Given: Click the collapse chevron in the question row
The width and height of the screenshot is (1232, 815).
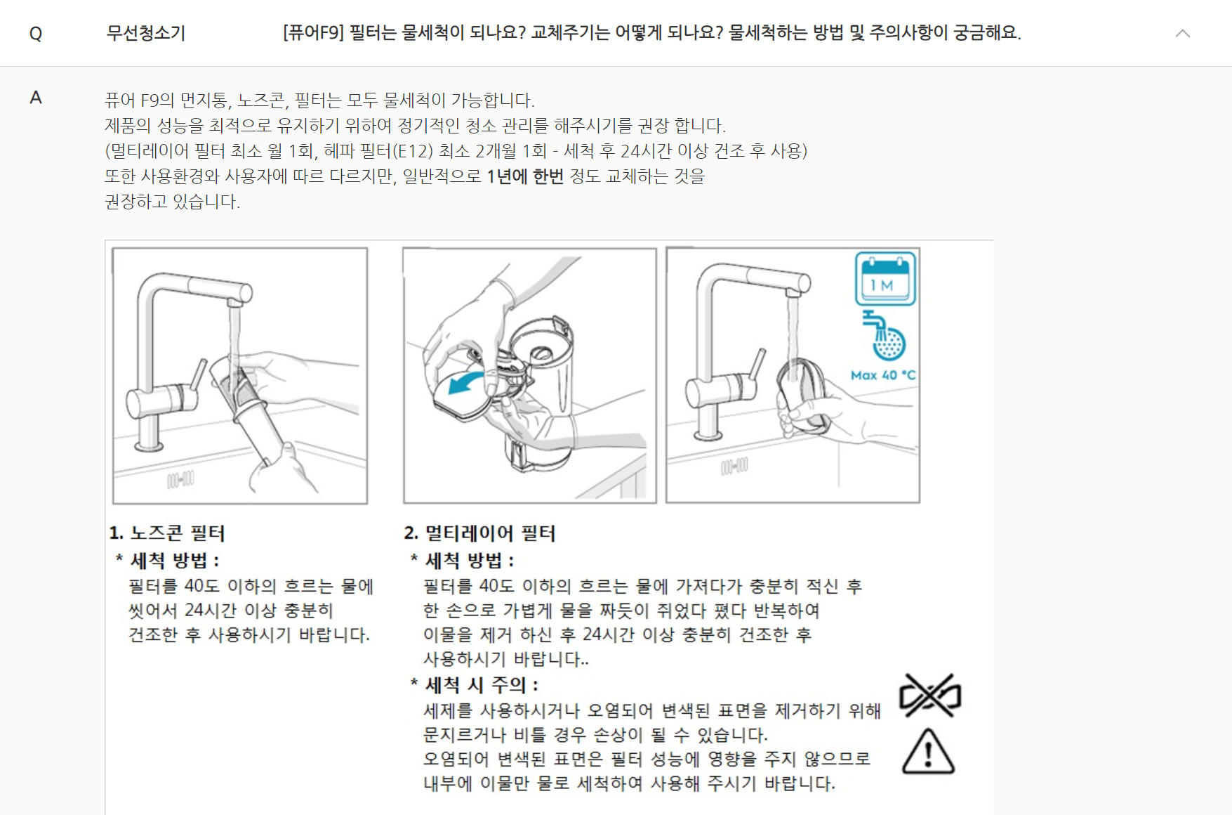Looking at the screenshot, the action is [1183, 33].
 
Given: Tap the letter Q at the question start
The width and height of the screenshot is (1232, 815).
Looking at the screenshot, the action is [36, 34].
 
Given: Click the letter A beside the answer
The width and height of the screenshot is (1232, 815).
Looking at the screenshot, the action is [36, 98].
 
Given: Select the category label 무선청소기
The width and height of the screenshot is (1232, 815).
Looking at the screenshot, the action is [146, 33].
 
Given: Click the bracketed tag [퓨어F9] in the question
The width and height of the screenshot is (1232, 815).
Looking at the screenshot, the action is [313, 32].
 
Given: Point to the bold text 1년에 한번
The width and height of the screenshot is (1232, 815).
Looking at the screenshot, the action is [525, 176].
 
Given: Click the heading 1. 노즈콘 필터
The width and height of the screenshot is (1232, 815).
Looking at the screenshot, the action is [167, 533].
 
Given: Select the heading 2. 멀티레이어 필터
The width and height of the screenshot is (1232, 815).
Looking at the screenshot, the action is [480, 533].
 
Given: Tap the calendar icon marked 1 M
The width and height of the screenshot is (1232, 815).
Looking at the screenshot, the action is [885, 278].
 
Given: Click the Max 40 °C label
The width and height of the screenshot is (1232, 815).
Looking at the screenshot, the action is [883, 375].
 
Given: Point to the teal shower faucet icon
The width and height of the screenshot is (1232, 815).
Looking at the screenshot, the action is [884, 335].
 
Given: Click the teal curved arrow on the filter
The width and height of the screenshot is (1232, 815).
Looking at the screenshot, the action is [468, 384].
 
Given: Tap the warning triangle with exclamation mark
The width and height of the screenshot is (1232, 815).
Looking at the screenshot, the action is [928, 752].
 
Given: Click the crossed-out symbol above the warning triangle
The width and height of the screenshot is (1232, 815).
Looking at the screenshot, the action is [930, 696].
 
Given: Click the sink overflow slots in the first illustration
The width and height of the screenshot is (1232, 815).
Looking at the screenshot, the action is [180, 480].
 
